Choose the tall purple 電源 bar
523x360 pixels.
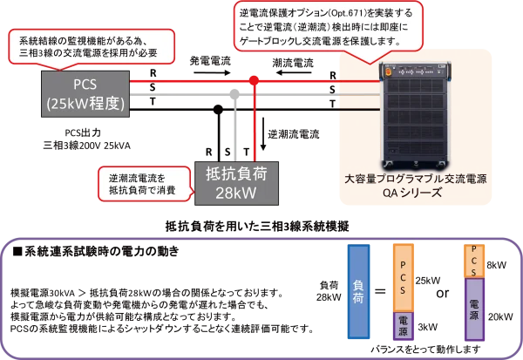click(x=474, y=311)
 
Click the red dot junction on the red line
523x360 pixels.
click(x=254, y=79)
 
